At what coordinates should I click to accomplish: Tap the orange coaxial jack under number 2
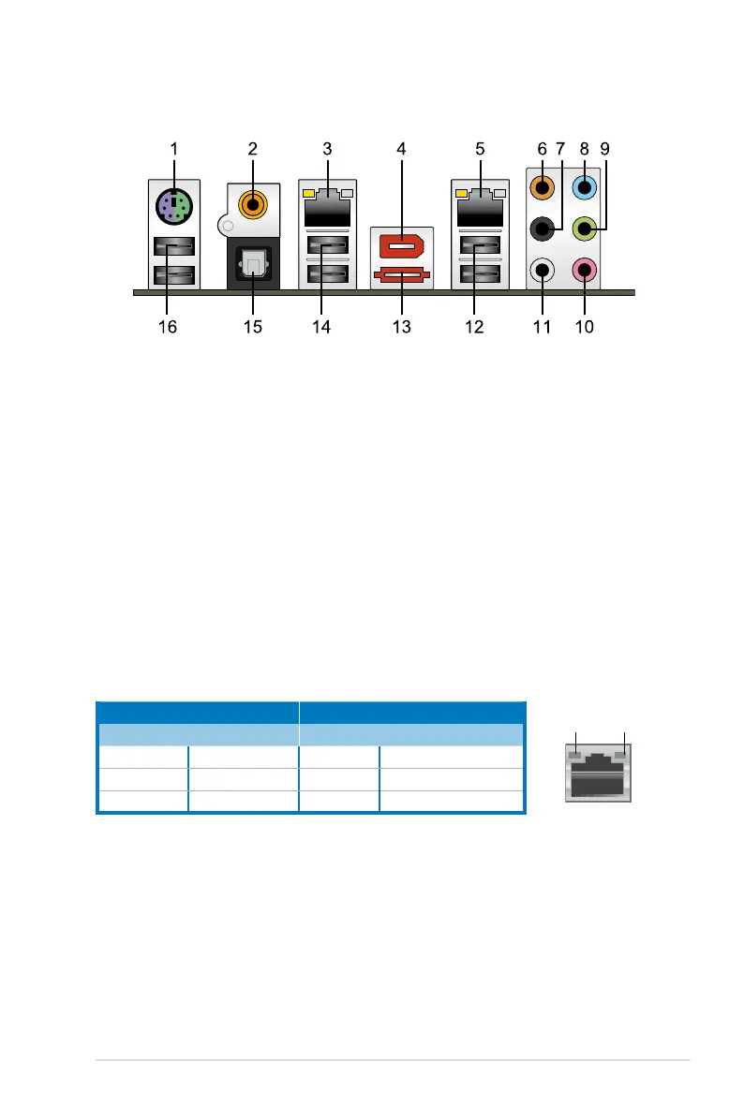251,201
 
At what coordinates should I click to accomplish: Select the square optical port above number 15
251,265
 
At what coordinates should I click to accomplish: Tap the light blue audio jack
585,186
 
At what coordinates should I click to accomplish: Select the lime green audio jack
585,226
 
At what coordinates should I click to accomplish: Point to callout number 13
402,328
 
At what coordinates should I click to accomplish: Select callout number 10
585,328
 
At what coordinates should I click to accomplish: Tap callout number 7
561,148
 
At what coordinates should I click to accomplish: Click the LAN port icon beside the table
599,773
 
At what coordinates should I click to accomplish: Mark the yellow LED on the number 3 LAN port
307,193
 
